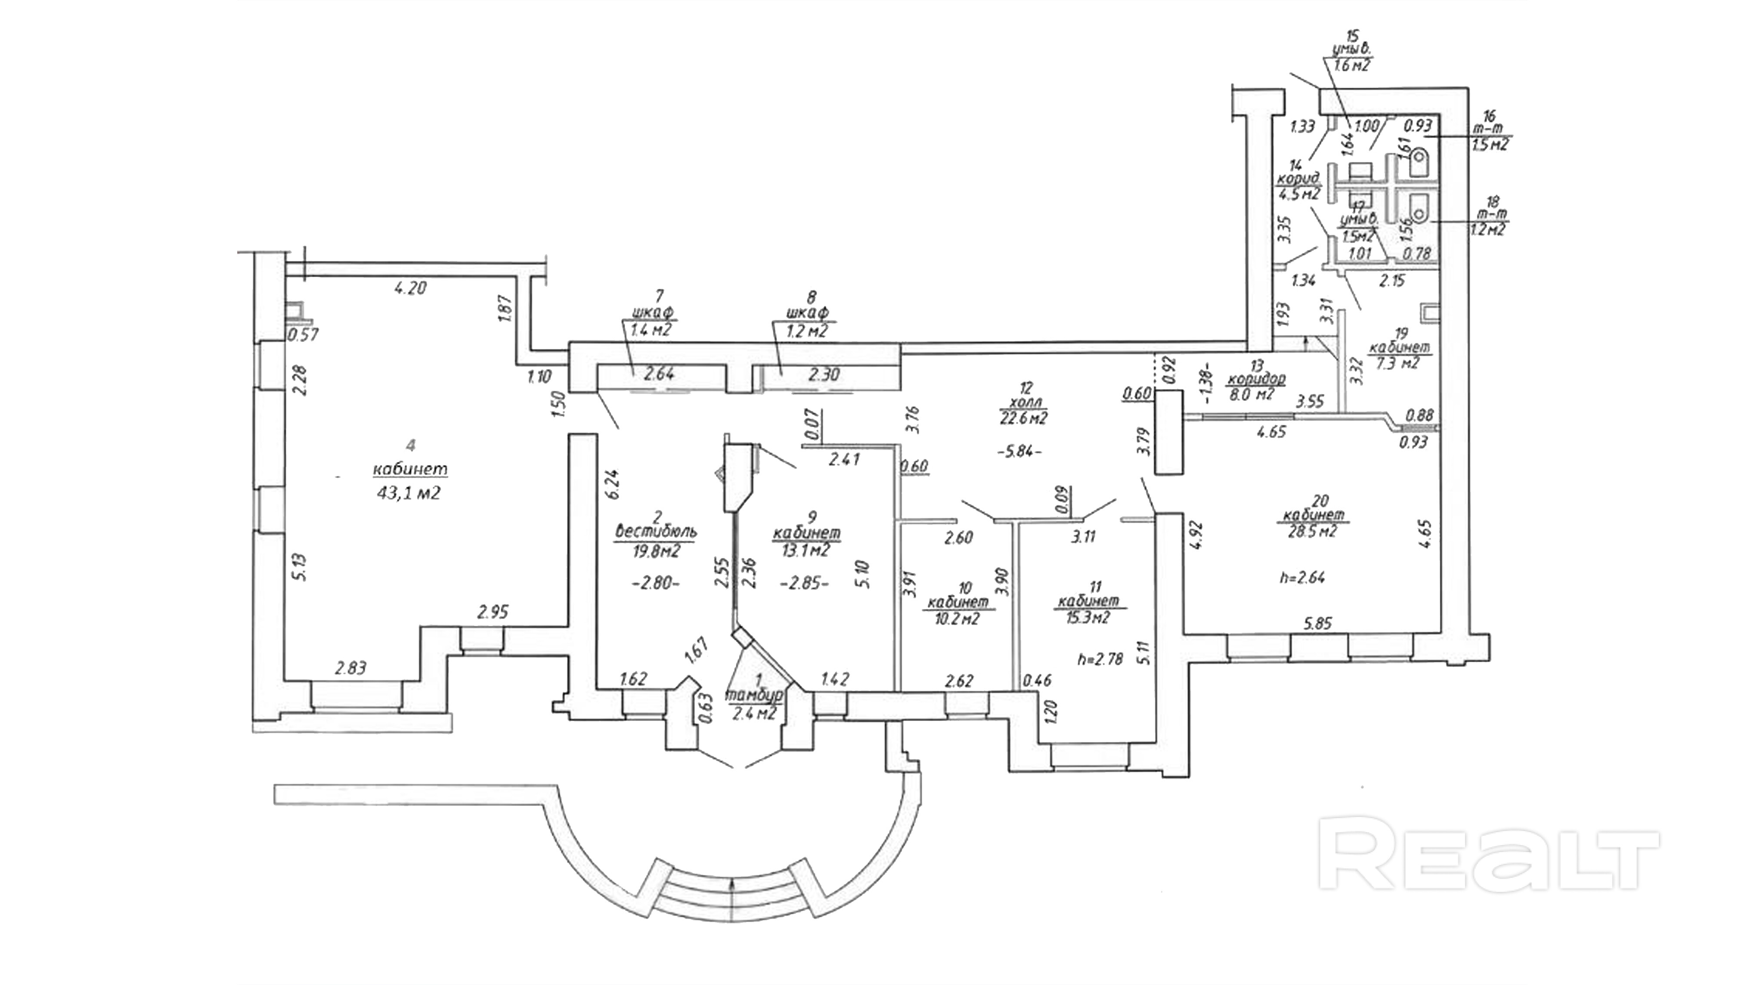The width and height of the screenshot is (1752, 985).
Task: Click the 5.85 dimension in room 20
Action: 1317,623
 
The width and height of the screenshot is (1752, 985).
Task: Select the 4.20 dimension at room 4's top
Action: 410,288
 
